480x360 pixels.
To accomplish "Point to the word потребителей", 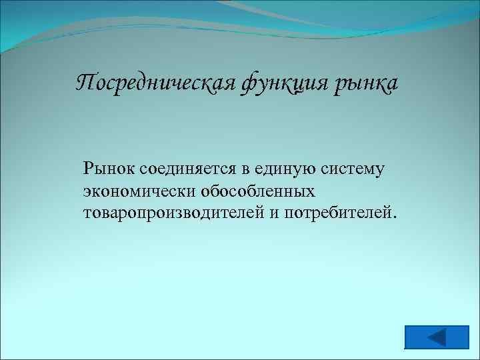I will click(x=338, y=213).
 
